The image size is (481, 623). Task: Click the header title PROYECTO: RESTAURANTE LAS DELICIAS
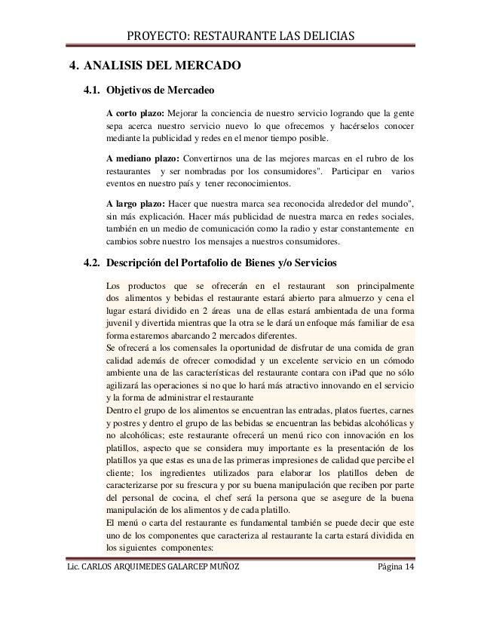click(x=240, y=35)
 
